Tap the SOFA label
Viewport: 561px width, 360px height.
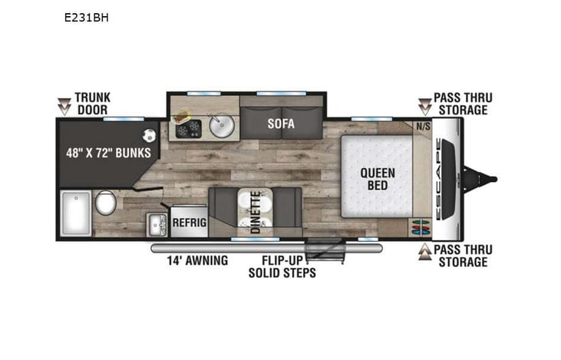click(x=282, y=123)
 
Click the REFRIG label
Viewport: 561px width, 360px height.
click(x=189, y=222)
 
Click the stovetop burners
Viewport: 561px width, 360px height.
click(x=188, y=129)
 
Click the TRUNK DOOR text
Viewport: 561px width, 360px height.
click(x=92, y=104)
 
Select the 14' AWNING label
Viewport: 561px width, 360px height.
click(x=197, y=260)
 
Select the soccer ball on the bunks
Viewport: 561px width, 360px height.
click(x=150, y=134)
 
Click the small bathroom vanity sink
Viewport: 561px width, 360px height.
click(x=158, y=225)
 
